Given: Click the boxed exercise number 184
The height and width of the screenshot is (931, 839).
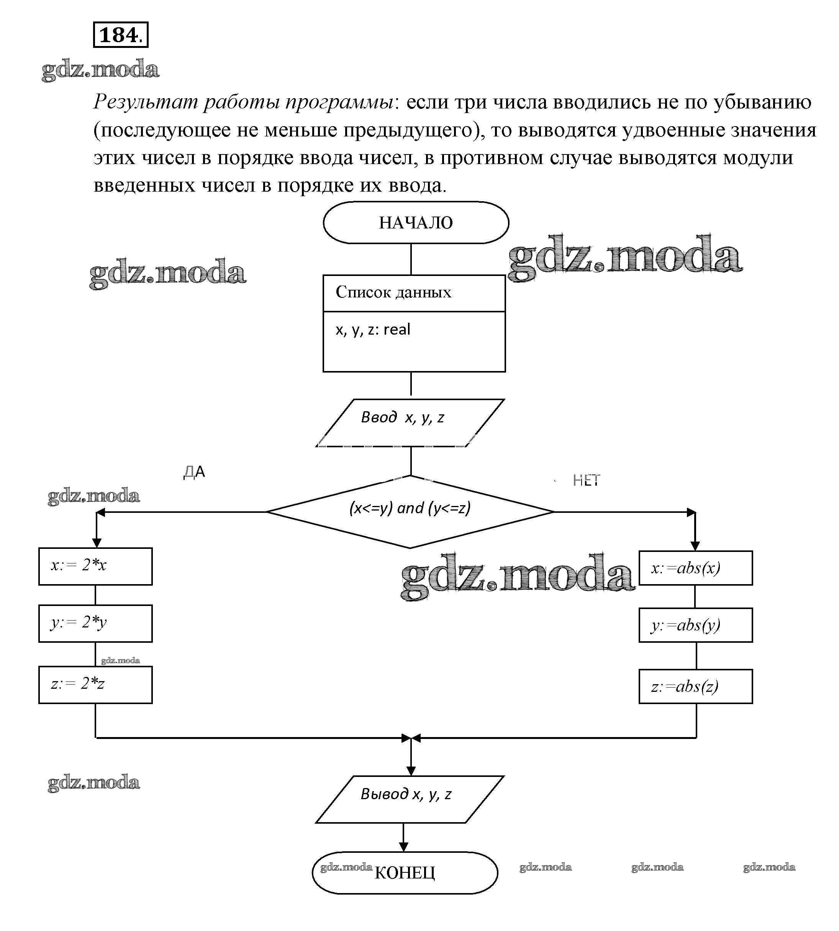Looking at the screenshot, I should point(120,34).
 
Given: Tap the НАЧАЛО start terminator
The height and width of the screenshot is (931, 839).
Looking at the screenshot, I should point(416,223).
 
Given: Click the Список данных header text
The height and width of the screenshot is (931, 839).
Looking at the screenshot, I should point(393,292).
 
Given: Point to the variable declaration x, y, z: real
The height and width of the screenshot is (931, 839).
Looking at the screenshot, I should point(372,330).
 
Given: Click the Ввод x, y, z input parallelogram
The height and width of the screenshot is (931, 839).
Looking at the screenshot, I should point(410,423).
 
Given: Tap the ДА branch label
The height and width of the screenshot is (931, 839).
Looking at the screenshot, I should point(194,472).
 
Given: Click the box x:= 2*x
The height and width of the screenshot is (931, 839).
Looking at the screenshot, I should point(95,566).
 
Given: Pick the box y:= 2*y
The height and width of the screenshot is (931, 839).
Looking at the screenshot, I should point(95,624).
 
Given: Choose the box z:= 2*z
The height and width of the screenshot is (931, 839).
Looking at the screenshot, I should point(95,684).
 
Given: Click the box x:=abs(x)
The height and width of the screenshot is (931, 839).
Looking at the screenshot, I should point(695,568).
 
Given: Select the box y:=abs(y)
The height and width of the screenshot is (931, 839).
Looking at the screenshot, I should point(695,625).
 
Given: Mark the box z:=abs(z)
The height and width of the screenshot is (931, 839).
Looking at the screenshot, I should point(695,686).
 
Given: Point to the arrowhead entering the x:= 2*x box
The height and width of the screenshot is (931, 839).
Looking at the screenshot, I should point(96,543).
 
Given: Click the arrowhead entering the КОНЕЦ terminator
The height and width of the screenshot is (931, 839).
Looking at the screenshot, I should point(403,847).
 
